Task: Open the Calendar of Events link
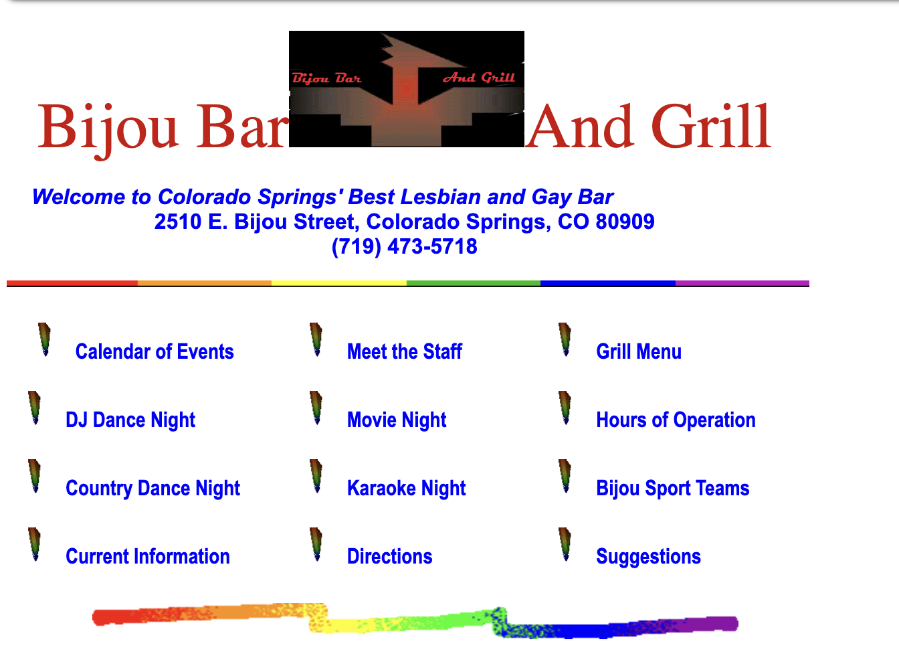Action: click(155, 352)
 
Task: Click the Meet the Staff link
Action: click(404, 352)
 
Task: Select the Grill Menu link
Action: click(639, 352)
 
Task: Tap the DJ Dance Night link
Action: click(130, 420)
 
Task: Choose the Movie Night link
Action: click(397, 420)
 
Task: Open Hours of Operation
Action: click(676, 420)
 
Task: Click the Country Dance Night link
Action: click(153, 489)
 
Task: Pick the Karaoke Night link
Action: click(406, 489)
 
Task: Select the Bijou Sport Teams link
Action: click(672, 489)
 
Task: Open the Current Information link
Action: click(148, 557)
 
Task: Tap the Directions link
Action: click(389, 557)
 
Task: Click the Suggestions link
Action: click(648, 557)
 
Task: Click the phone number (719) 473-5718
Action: click(404, 246)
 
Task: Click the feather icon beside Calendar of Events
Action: click(45, 339)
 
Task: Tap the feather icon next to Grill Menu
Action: click(565, 339)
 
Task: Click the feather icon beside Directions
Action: click(316, 544)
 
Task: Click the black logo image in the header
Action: click(406, 89)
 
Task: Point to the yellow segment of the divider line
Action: click(339, 283)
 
